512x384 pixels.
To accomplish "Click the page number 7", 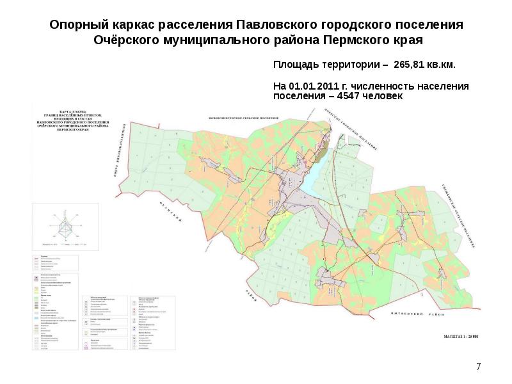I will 478,367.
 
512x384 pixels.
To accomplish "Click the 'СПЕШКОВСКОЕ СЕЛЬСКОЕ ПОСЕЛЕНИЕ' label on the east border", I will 465,214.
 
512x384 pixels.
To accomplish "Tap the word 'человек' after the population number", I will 383,96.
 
